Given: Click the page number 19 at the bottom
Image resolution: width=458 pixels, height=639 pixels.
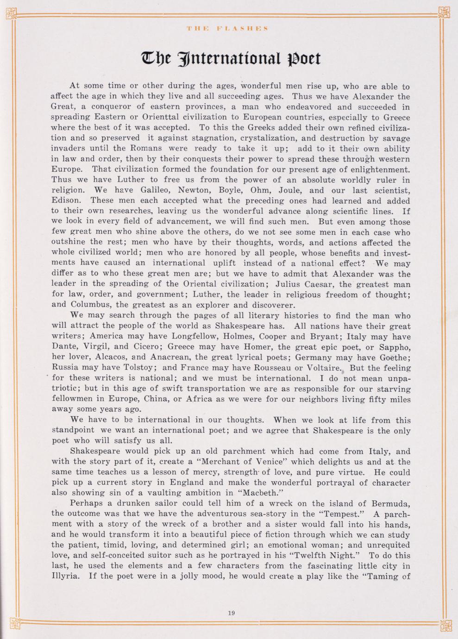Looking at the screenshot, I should point(232,613).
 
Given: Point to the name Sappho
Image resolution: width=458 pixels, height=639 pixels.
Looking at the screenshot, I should point(392,347).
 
